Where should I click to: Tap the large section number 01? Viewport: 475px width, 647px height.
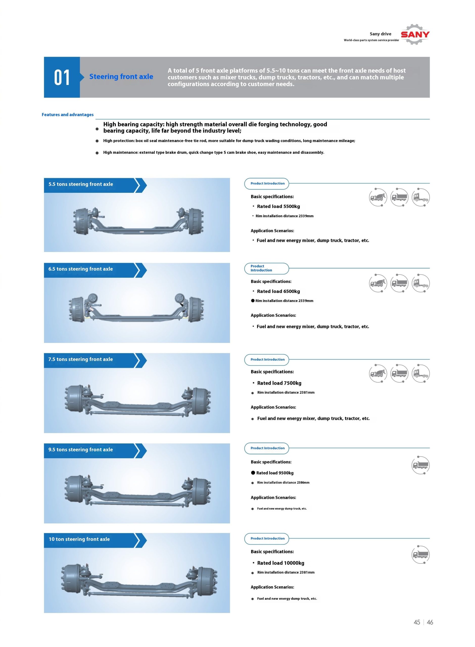click(62, 77)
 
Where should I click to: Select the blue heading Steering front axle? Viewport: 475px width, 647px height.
click(121, 77)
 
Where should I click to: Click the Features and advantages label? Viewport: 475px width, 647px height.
click(67, 114)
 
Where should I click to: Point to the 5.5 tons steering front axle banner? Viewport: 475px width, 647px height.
click(81, 184)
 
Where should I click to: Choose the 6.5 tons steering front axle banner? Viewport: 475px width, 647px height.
click(81, 269)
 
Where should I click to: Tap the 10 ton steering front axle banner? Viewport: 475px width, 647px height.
click(79, 539)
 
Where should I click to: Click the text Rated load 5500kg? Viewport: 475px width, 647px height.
click(278, 206)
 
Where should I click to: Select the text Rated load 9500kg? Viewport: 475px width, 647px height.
click(275, 473)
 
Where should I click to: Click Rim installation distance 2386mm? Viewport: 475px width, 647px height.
click(283, 482)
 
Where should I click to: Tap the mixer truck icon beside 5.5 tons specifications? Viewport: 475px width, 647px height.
click(378, 197)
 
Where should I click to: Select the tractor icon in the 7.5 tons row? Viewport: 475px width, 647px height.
click(421, 373)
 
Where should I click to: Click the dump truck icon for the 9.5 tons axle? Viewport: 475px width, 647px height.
click(420, 465)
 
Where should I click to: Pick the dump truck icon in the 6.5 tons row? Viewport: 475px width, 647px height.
click(399, 283)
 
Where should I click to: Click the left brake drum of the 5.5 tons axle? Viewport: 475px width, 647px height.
click(81, 221)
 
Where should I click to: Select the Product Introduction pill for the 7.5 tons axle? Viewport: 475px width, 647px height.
click(267, 359)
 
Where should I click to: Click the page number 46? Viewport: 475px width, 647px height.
click(430, 622)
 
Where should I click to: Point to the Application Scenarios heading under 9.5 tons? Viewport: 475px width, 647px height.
click(273, 497)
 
